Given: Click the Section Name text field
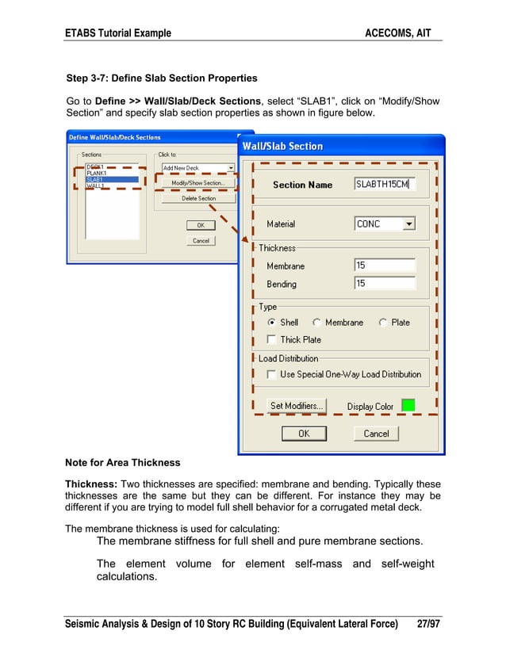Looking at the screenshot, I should [x=385, y=185].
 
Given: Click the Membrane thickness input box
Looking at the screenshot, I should [x=385, y=266].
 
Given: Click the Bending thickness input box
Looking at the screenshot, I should [x=385, y=284].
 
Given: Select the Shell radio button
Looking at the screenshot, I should [x=272, y=323].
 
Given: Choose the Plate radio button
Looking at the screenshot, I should [x=383, y=323].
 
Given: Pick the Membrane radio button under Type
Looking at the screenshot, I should [x=317, y=323].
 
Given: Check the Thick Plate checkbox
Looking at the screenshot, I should [x=272, y=340].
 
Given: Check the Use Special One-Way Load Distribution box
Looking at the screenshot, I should [x=272, y=374].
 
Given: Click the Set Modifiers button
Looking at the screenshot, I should [x=297, y=406].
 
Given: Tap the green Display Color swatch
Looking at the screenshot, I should [x=408, y=406].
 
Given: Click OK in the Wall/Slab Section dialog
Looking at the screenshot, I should [x=304, y=434].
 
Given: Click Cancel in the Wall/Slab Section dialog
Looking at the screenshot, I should [x=376, y=434].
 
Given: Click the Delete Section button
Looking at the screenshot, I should [x=198, y=199].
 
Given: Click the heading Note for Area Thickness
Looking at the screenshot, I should [x=122, y=462].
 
